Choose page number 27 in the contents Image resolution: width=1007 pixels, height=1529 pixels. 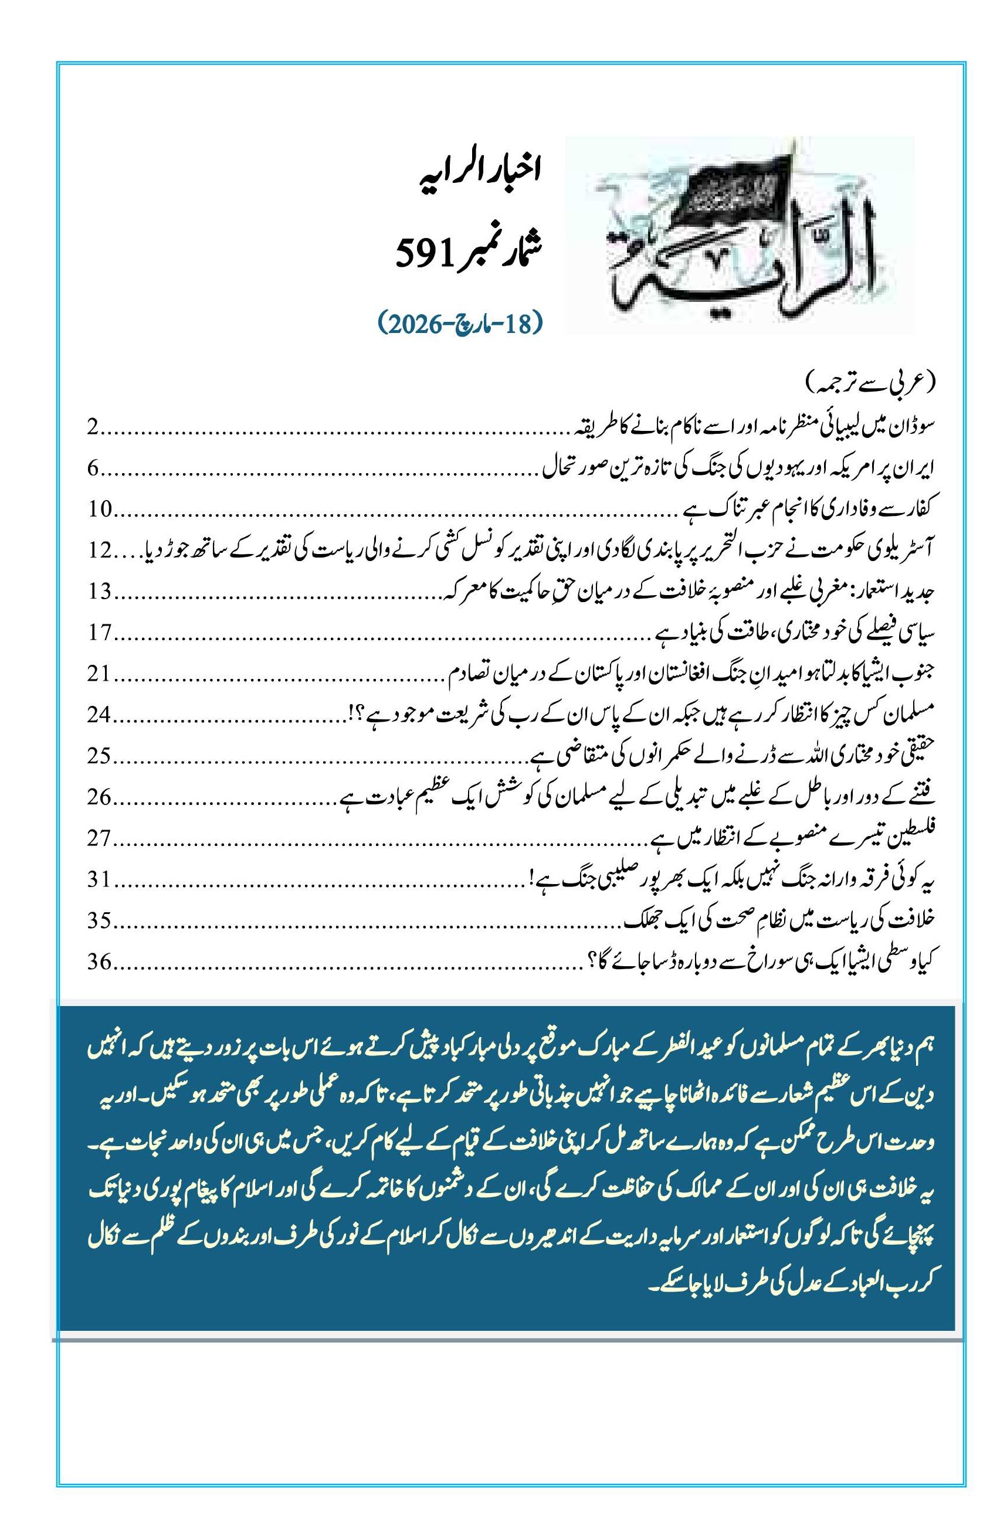100,839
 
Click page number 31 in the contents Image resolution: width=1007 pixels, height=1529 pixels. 100,880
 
